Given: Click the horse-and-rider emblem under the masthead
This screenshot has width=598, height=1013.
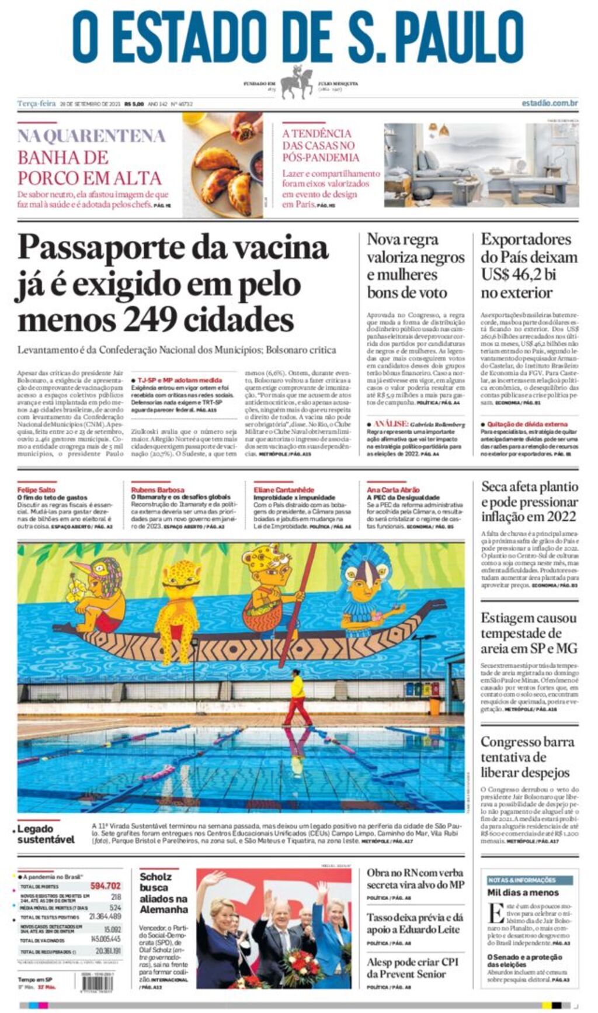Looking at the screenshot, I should [297, 82].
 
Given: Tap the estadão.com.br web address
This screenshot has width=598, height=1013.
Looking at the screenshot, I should [550, 103].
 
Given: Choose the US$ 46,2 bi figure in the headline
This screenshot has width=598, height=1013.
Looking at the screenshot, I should [519, 275].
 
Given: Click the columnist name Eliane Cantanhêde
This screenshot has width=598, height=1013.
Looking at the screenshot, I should [284, 489].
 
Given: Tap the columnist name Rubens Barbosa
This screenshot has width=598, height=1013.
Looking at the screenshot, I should [157, 489].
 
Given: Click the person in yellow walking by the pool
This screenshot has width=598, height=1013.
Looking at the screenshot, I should [298, 698].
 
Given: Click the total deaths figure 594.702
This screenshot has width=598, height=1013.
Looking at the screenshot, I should [105, 886].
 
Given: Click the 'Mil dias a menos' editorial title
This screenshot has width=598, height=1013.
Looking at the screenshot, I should [523, 893].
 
